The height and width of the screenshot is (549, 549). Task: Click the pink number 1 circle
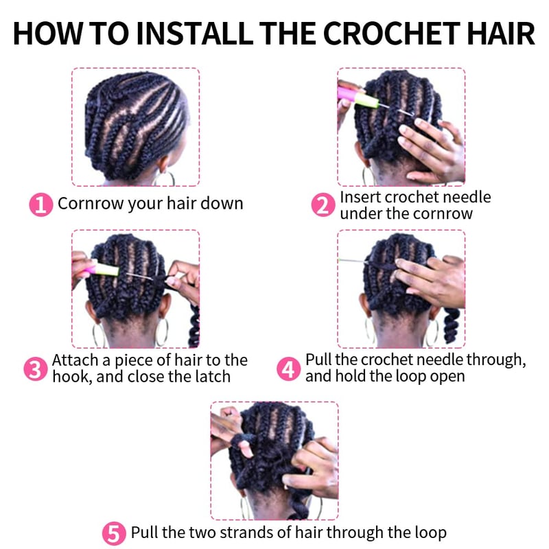pos(40,205)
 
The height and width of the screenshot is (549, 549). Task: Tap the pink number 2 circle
pos(323,205)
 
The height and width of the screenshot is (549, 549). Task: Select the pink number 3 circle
pos(36,369)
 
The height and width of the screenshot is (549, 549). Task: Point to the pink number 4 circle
pos(288,369)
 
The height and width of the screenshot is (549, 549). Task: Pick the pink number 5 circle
pos(114,534)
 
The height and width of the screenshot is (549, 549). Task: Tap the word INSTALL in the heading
pos(195,34)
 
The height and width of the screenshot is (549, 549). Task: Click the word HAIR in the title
pos(501,34)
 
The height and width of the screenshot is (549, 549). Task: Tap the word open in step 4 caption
pos(447,377)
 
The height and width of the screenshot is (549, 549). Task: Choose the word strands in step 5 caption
pos(246,533)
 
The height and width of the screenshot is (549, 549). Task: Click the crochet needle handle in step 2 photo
pos(358,97)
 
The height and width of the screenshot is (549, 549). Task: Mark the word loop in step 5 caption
pos(431,533)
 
